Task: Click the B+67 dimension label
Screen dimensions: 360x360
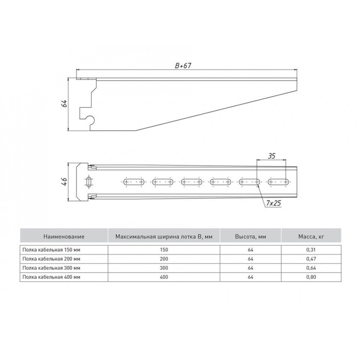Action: [183, 66]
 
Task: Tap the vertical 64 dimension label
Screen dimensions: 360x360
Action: [64, 103]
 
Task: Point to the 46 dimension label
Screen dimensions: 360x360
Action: [64, 181]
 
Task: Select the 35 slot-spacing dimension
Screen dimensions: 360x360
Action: [271, 156]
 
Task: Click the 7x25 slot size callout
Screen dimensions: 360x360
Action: [274, 203]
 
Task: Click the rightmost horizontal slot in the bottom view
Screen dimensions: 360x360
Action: [278, 182]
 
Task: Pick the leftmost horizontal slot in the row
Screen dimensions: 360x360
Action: [134, 182]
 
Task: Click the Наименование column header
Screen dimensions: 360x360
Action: [64, 236]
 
